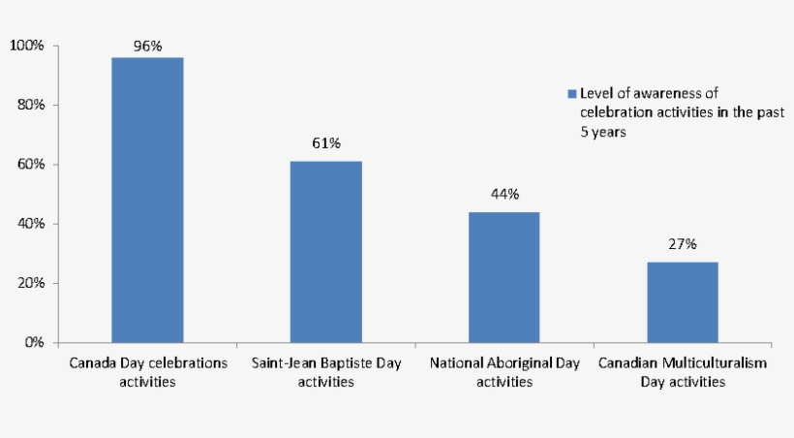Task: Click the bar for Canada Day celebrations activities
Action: pyautogui.click(x=147, y=200)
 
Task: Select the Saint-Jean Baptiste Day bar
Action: pyautogui.click(x=325, y=252)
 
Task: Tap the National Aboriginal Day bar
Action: pyautogui.click(x=504, y=277)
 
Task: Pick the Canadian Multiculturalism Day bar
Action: pyautogui.click(x=683, y=302)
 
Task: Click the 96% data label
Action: pyautogui.click(x=147, y=46)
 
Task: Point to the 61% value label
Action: pyautogui.click(x=325, y=143)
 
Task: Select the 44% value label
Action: pyautogui.click(x=504, y=194)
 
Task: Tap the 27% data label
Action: pyautogui.click(x=683, y=244)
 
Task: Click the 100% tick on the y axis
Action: pyautogui.click(x=26, y=46)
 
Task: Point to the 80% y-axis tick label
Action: pyautogui.click(x=29, y=105)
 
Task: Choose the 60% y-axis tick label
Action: pyautogui.click(x=29, y=165)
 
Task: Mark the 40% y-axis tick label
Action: pyautogui.click(x=29, y=224)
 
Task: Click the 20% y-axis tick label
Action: pyautogui.click(x=29, y=283)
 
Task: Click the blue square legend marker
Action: pyautogui.click(x=571, y=94)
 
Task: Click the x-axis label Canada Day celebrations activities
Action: pyautogui.click(x=148, y=372)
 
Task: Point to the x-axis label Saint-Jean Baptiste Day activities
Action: pyautogui.click(x=326, y=372)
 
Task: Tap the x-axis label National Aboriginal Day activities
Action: pyautogui.click(x=504, y=372)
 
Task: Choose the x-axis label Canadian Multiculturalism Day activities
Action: pyautogui.click(x=683, y=372)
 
